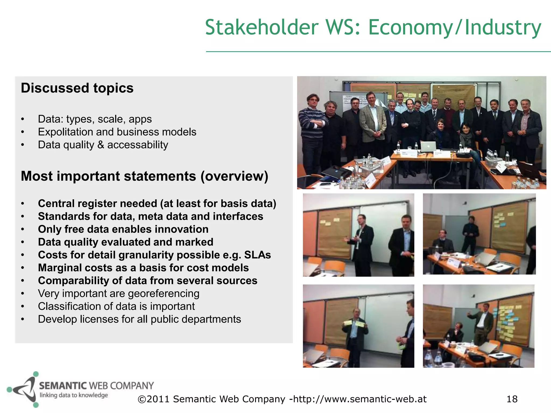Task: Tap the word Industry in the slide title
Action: [503, 27]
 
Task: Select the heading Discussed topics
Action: [77, 88]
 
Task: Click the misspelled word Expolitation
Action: [65, 132]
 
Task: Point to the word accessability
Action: [137, 145]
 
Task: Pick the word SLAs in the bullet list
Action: [257, 255]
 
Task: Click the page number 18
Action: [512, 399]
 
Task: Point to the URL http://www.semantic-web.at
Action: [360, 399]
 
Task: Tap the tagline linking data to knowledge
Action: [74, 395]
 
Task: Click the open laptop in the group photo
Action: [428, 147]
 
